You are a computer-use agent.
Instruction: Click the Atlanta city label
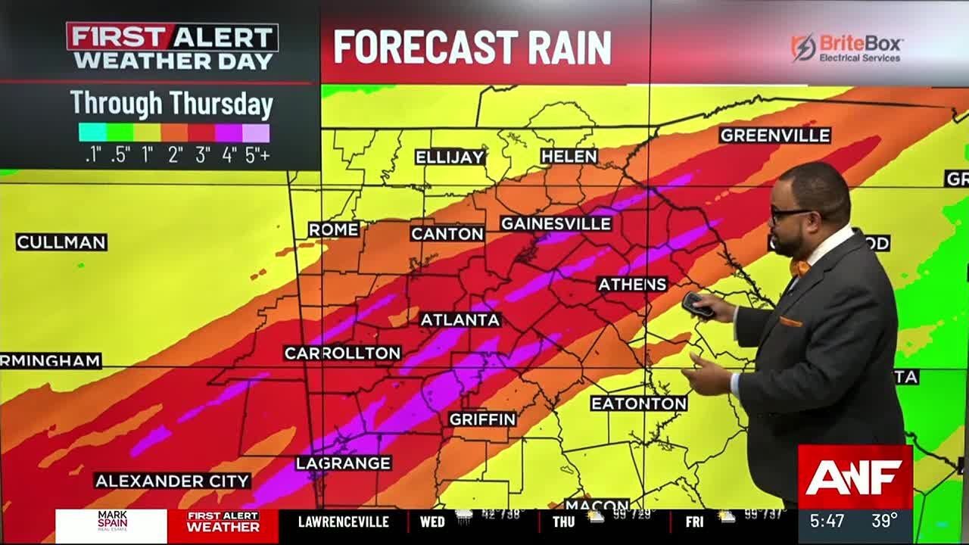tap(460, 320)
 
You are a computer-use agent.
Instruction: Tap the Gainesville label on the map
tap(556, 224)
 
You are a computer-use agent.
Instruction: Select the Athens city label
tap(632, 285)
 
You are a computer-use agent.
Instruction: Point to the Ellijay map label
tap(450, 157)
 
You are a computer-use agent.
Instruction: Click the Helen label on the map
tap(569, 157)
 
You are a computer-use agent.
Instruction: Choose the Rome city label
tap(333, 230)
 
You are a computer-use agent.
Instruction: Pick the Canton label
tap(447, 234)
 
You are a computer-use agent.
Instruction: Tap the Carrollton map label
tap(342, 353)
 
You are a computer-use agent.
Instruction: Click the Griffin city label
tap(482, 419)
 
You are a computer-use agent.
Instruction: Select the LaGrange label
tap(343, 463)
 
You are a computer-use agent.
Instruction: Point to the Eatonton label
tap(638, 403)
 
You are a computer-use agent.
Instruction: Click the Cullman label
tap(61, 243)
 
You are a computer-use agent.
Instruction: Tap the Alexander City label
tap(173, 481)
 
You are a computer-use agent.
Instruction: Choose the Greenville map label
tap(775, 135)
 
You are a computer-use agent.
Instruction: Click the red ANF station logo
tap(855, 477)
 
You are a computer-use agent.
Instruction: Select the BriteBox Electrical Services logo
tap(847, 48)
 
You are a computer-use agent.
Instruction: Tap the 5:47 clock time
tap(827, 522)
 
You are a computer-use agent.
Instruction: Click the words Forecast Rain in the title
tap(472, 47)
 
